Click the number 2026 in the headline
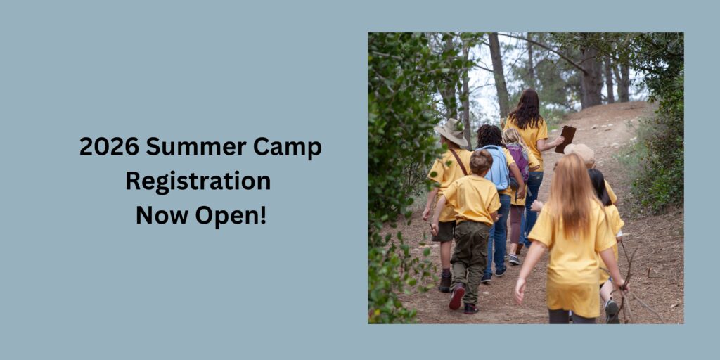click(109, 147)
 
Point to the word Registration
click(198, 181)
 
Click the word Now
click(162, 215)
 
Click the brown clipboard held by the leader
click(565, 139)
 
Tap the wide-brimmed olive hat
click(452, 132)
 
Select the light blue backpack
click(498, 168)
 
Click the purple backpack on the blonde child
click(519, 161)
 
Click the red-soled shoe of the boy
click(457, 297)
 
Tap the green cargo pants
click(469, 261)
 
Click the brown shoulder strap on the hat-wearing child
click(458, 162)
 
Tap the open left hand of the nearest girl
click(520, 291)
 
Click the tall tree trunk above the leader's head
click(499, 73)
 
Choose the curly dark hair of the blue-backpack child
click(490, 136)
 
